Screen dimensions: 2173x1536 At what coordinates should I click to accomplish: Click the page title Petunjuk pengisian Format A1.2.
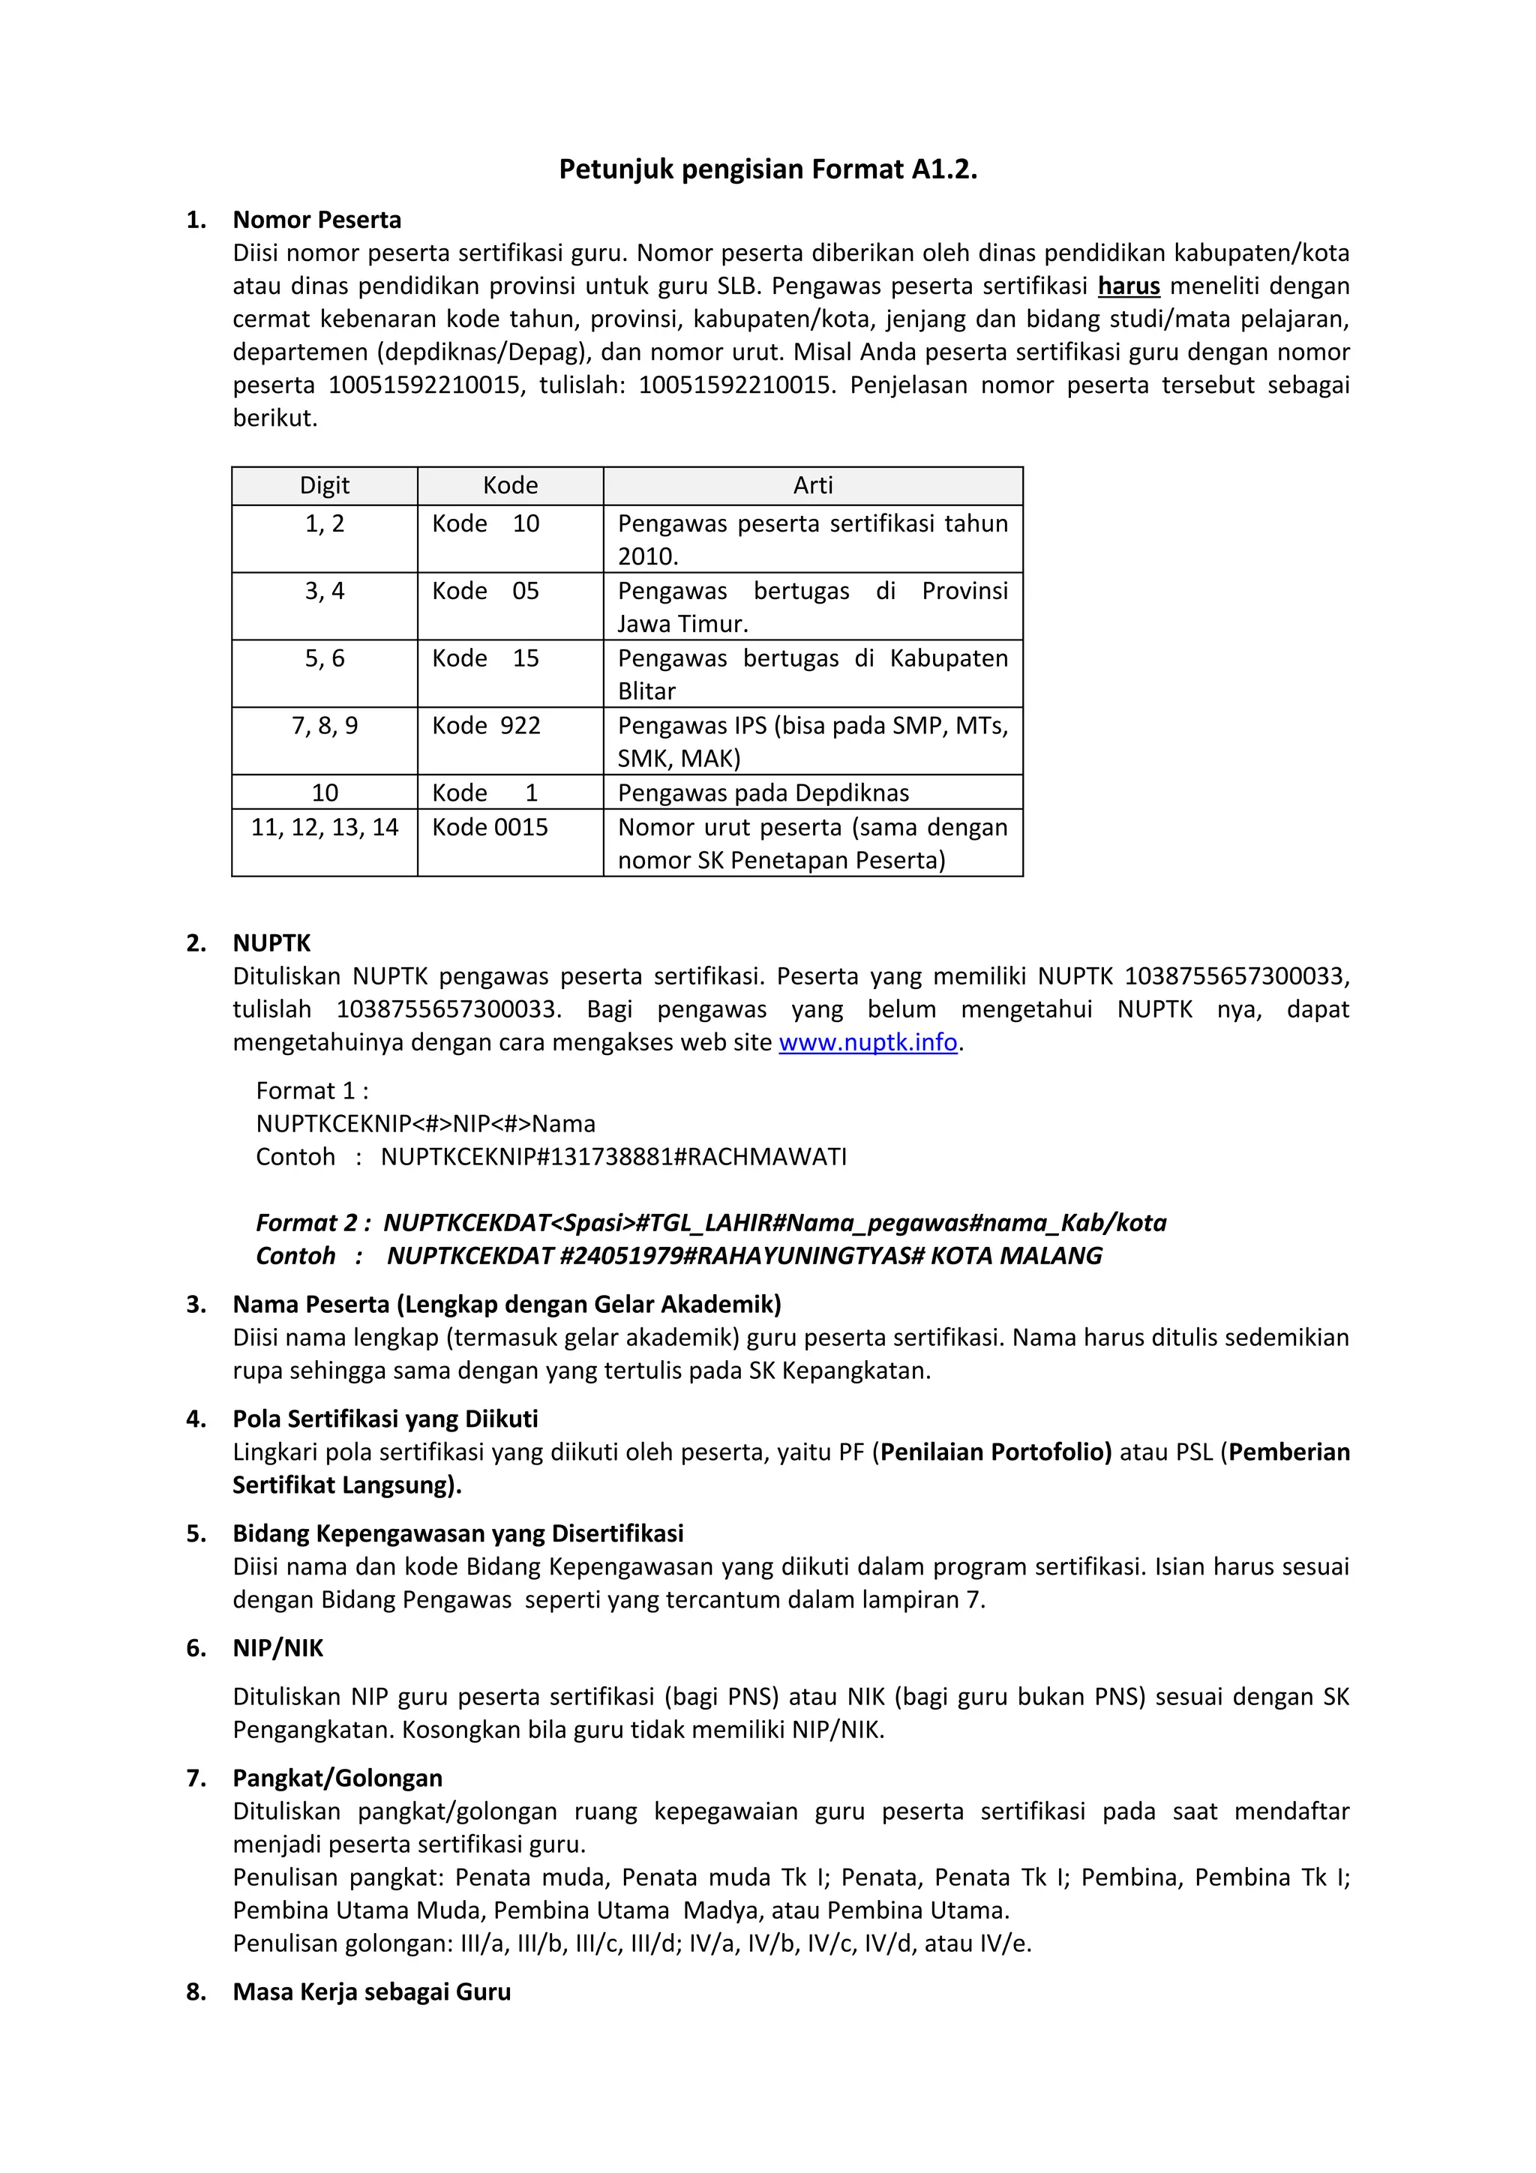[x=767, y=169]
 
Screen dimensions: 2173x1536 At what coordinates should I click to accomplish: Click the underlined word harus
[x=1128, y=286]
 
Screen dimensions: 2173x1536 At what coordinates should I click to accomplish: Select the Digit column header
[x=325, y=486]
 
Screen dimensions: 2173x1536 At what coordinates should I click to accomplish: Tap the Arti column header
[x=813, y=486]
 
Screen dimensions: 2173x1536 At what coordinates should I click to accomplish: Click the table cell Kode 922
[x=487, y=726]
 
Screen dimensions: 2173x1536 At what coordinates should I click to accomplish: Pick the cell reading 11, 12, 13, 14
[x=325, y=827]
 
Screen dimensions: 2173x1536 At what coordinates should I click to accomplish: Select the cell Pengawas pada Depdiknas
[x=763, y=793]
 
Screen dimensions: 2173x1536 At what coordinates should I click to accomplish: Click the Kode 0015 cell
[x=490, y=827]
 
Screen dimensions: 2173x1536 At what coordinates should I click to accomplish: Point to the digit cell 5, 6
[x=325, y=658]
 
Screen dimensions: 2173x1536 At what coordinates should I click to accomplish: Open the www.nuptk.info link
[x=868, y=1042]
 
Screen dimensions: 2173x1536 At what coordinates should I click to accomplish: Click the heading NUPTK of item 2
[x=271, y=943]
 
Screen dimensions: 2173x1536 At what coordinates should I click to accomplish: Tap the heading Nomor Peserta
[x=317, y=220]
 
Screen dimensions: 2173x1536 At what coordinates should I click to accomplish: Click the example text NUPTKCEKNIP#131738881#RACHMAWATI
[x=613, y=1156]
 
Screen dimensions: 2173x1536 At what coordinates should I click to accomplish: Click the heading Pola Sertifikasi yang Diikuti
[x=385, y=1419]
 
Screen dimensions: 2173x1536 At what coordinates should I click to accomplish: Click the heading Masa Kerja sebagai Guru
[x=372, y=1992]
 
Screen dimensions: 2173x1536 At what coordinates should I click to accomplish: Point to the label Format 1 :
[x=312, y=1090]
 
